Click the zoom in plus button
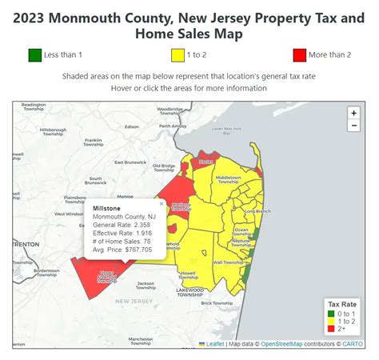pyautogui.click(x=354, y=113)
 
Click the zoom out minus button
pyautogui.click(x=354, y=126)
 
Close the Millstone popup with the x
pyautogui.click(x=161, y=204)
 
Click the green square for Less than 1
pyautogui.click(x=34, y=55)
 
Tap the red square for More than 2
pyautogui.click(x=300, y=55)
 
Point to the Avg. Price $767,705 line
pyautogui.click(x=122, y=250)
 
